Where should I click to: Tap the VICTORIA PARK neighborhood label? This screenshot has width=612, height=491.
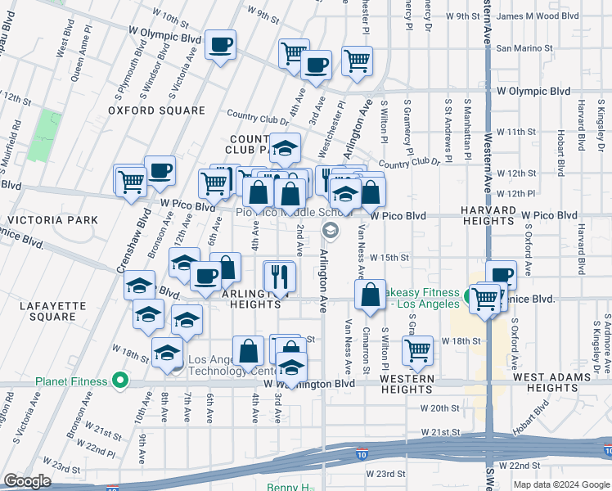(x=52, y=220)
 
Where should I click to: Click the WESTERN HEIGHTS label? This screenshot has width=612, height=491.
(x=407, y=384)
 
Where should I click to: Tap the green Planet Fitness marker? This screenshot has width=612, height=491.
(x=120, y=381)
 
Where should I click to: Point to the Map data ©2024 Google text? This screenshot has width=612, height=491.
(x=560, y=484)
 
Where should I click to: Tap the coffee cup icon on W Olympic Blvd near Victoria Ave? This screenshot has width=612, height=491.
(x=220, y=44)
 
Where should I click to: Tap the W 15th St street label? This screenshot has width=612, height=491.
(x=389, y=257)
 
